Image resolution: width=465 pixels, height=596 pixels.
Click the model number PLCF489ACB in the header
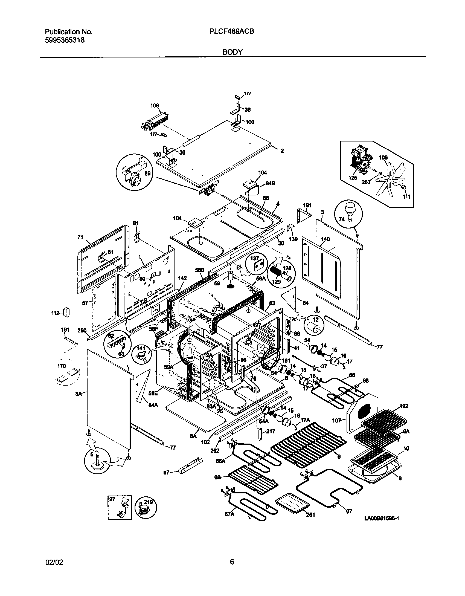click(x=231, y=31)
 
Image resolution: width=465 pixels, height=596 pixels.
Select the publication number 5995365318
click(x=65, y=40)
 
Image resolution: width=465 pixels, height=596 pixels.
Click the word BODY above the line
click(x=232, y=52)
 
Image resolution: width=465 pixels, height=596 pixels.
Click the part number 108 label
click(x=155, y=106)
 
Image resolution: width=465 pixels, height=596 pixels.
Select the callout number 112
click(x=55, y=313)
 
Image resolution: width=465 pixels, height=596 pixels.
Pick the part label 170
click(x=62, y=366)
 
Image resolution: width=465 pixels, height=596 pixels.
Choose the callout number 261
click(x=310, y=515)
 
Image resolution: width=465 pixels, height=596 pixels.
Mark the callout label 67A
click(x=229, y=514)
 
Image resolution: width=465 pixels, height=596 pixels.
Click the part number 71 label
click(x=80, y=237)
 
